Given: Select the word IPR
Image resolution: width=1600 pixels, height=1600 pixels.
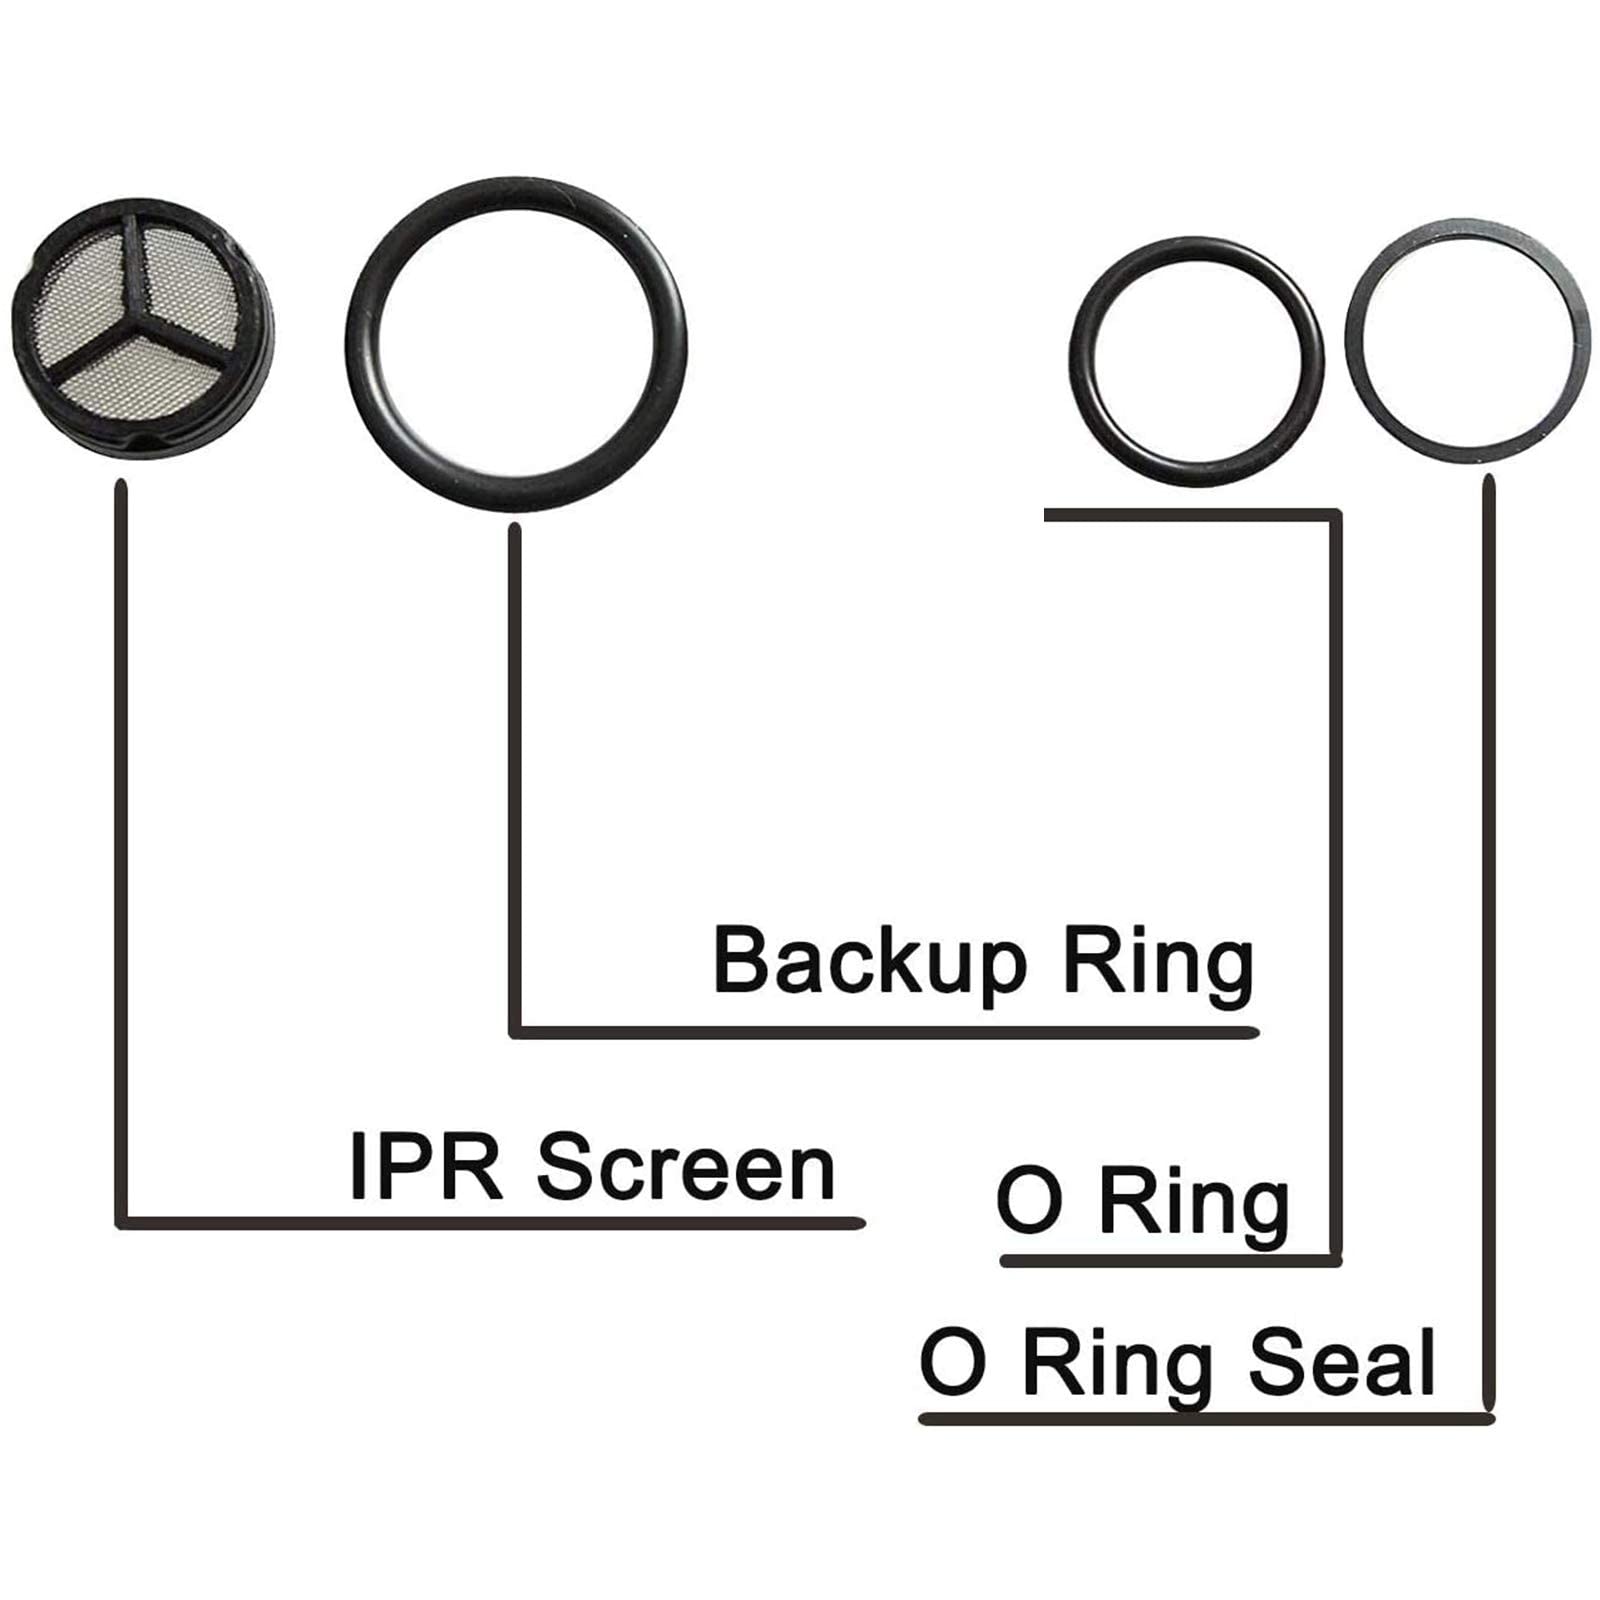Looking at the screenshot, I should [425, 1167].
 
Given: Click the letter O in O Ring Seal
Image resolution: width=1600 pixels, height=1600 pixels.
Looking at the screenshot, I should [952, 1362].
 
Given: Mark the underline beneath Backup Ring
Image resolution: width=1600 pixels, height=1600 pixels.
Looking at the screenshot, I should [885, 1032].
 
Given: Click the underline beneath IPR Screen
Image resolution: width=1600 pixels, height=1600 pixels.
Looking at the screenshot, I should [490, 1222].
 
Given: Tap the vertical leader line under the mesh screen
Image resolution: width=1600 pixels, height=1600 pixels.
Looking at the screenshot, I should [122, 850].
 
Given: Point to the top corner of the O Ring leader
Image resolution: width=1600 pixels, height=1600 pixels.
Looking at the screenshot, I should [1335, 516].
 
